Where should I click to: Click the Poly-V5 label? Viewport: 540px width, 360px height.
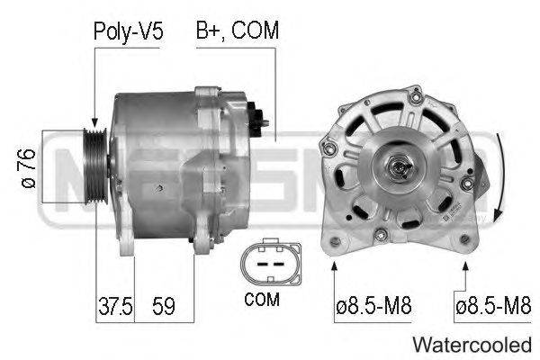pos(128,32)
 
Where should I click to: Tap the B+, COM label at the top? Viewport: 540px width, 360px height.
pos(238,31)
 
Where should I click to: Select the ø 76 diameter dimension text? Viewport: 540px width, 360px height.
pos(29,168)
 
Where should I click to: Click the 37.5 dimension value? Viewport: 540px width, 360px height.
pos(115,306)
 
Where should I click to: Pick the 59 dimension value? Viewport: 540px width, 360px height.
pos(164,306)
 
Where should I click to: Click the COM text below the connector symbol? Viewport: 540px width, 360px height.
pos(262,300)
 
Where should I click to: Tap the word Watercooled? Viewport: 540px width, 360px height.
pos(472,345)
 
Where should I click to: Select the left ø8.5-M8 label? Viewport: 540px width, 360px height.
pos(373,306)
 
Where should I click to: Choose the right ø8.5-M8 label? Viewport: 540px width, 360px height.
pos(493,306)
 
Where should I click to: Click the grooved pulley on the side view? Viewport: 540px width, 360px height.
pos(95,166)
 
